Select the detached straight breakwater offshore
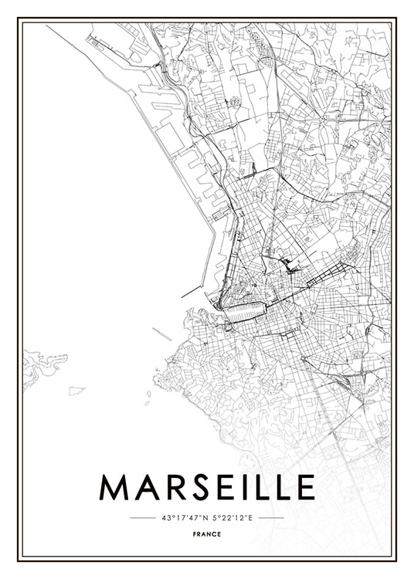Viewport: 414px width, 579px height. coord(161,334)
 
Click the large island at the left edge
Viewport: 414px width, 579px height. coord(42,363)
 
